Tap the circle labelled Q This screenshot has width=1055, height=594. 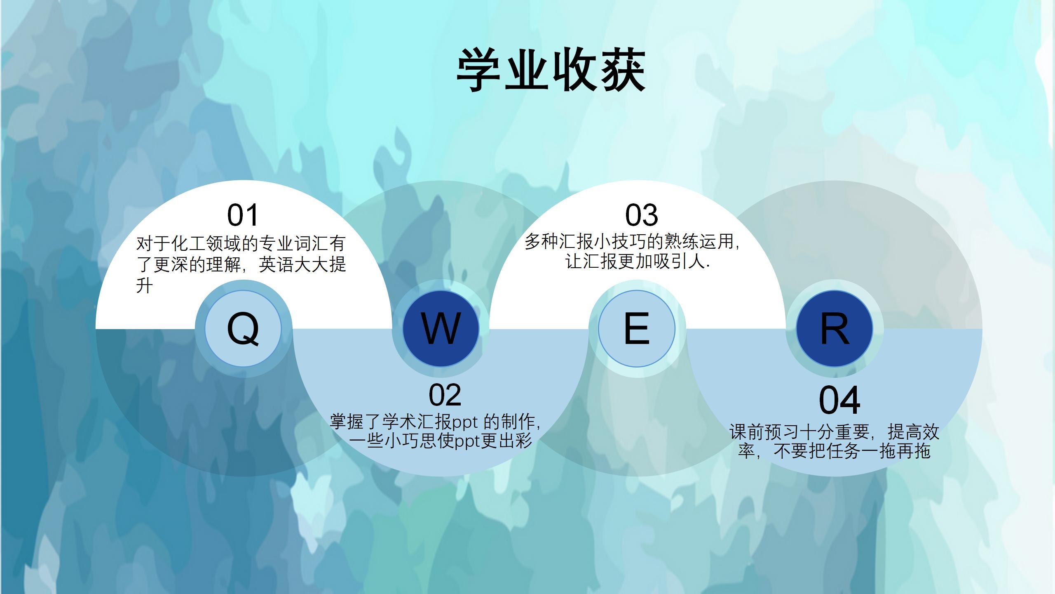pyautogui.click(x=243, y=328)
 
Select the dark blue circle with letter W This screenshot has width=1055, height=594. pyautogui.click(x=441, y=328)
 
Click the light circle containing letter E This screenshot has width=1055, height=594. pyautogui.click(x=637, y=328)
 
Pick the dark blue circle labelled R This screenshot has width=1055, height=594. pyautogui.click(x=834, y=328)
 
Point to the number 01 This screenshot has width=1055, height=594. pyautogui.click(x=243, y=215)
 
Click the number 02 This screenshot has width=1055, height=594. pyautogui.click(x=445, y=395)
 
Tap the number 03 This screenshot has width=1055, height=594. pyautogui.click(x=642, y=215)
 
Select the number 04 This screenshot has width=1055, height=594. pyautogui.click(x=839, y=400)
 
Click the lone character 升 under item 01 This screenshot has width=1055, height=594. pyautogui.click(x=145, y=285)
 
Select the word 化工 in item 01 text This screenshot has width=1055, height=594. pyautogui.click(x=188, y=243)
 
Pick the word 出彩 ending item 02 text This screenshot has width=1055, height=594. pyautogui.click(x=515, y=441)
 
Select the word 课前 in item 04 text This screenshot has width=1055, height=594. pyautogui.click(x=747, y=432)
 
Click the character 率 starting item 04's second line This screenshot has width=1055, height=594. pyautogui.click(x=746, y=451)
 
